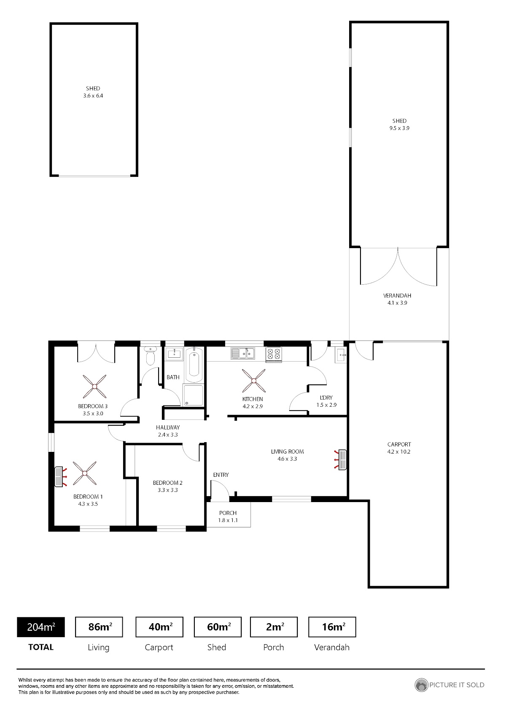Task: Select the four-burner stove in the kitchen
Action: pyautogui.click(x=274, y=354)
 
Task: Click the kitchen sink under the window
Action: pyautogui.click(x=243, y=353)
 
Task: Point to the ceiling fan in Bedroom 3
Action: pyautogui.click(x=94, y=386)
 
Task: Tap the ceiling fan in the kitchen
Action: pyautogui.click(x=254, y=381)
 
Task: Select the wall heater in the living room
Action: pyautogui.click(x=341, y=460)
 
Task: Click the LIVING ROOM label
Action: pyautogui.click(x=287, y=451)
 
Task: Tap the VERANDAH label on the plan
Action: pyautogui.click(x=397, y=296)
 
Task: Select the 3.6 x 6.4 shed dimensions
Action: pyautogui.click(x=93, y=96)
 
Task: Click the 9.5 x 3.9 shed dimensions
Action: pyautogui.click(x=399, y=128)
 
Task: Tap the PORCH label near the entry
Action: pyautogui.click(x=228, y=513)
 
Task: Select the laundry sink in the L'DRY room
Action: pyautogui.click(x=341, y=355)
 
